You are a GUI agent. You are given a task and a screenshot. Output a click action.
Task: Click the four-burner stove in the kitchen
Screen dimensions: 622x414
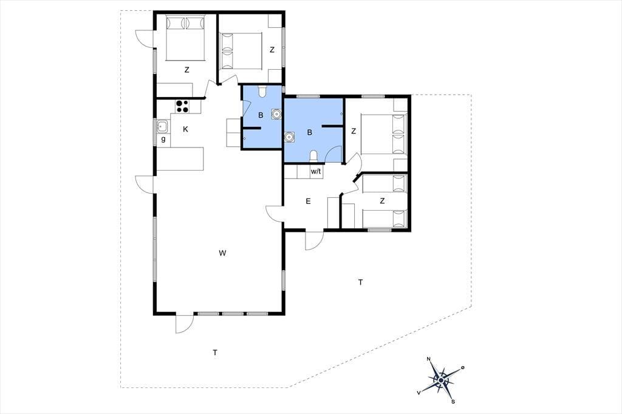[182, 106]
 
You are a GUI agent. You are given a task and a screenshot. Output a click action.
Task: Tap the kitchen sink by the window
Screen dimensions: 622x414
[162, 127]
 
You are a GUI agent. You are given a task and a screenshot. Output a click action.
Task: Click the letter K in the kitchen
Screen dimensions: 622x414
[185, 129]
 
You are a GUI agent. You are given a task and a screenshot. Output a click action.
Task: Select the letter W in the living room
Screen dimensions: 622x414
[222, 253]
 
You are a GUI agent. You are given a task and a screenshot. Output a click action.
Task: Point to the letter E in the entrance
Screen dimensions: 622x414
[308, 202]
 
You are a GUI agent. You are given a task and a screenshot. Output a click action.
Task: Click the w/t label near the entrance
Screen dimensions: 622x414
[316, 172]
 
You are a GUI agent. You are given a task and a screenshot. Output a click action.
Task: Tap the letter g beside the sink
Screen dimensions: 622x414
[163, 139]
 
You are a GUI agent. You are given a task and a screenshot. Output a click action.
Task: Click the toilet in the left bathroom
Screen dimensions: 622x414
[262, 92]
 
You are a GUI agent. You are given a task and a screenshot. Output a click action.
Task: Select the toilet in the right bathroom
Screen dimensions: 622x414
[313, 156]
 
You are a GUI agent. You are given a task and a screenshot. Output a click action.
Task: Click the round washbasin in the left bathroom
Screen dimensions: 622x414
[276, 114]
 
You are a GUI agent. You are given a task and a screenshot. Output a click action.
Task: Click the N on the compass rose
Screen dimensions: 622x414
[428, 359]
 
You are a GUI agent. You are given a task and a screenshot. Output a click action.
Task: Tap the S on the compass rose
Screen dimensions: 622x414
[453, 402]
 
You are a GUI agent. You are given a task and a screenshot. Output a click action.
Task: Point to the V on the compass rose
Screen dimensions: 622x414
[419, 392]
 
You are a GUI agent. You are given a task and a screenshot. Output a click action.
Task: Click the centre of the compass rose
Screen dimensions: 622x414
[441, 380]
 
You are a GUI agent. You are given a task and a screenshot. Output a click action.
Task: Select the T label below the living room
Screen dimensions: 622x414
[215, 352]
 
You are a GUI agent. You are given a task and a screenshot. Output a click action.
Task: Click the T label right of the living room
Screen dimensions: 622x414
[360, 282]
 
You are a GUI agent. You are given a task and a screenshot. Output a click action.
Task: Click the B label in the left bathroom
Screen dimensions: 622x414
[261, 115]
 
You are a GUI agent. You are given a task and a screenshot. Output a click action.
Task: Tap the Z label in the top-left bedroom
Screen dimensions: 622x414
[186, 70]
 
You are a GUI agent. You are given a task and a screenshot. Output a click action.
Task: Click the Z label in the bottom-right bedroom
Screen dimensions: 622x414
[382, 201]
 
